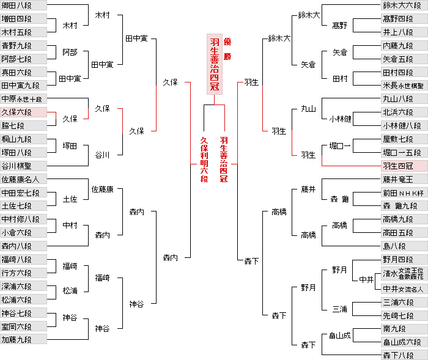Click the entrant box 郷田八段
point(23,6)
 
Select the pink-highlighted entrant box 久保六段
point(23,112)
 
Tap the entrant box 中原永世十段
point(23,98)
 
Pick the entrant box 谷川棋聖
point(23,166)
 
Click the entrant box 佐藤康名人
point(23,179)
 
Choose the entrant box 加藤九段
point(23,339)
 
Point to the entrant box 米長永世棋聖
point(404,86)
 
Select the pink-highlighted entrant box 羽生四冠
point(404,166)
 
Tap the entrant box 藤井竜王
point(404,179)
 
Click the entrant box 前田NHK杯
point(404,193)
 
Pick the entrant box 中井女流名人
point(404,288)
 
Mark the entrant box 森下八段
point(404,355)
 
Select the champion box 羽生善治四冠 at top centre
point(215,64)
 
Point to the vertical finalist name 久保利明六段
point(204,159)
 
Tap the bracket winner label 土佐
point(70,199)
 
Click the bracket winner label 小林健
point(340,119)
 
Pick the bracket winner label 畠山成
point(340,335)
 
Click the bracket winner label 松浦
point(70,292)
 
